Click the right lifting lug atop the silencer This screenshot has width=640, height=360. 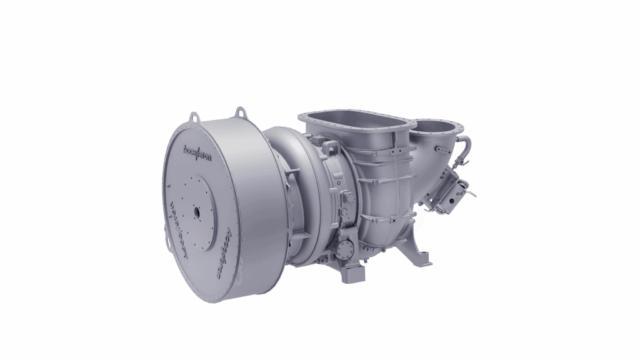238,112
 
